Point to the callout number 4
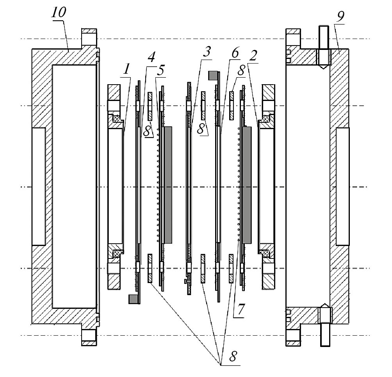coord(151,57)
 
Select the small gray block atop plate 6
coord(213,76)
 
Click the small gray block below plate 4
coord(134,299)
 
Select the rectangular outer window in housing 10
coord(39,186)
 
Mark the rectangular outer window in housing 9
coord(342,186)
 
